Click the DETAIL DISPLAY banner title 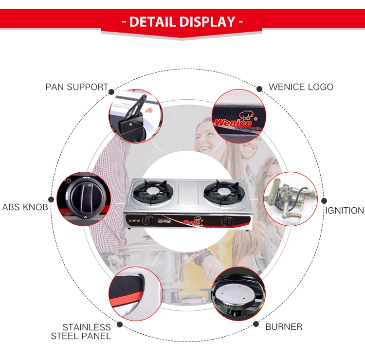pos(182,22)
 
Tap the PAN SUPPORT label pos(77,87)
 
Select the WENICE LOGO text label pos(301,87)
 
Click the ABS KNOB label pos(25,207)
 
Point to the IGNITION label pos(345,210)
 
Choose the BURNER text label pos(284,326)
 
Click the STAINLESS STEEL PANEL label pos(81,331)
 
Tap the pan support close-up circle pos(135,116)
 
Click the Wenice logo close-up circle pos(239,116)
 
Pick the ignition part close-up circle pos(291,198)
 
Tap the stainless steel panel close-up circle pos(135,293)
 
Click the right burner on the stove pos(218,193)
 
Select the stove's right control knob pos(226,222)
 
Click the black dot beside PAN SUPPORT pos(111,91)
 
